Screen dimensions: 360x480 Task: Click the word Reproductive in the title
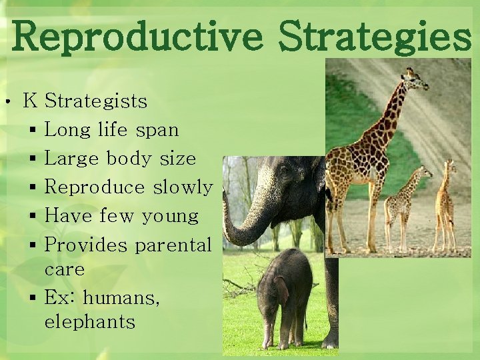tap(137, 36)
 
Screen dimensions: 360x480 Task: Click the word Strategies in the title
tap(375, 36)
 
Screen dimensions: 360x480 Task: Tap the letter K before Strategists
tap(30, 101)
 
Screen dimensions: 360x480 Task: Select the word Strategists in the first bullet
tap(95, 101)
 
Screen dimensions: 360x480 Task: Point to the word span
tap(157, 130)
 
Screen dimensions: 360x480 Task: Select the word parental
tap(173, 245)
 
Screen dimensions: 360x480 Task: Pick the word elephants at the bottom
tap(89, 323)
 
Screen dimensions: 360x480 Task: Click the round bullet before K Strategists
tap(6, 102)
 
